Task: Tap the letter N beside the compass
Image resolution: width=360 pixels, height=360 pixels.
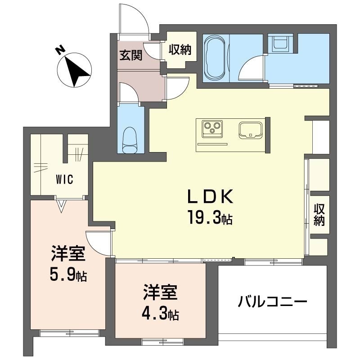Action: [60, 50]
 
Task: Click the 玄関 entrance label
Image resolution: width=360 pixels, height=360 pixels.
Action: [130, 55]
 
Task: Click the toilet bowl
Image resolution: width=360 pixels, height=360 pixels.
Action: [130, 140]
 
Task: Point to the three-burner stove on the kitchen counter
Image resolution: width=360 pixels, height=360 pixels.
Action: [212, 129]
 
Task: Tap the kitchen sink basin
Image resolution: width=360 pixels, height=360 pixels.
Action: [251, 130]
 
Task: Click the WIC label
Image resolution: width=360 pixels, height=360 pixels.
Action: [64, 179]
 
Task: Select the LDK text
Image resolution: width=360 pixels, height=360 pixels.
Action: [210, 197]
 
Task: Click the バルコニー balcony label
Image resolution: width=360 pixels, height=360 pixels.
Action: [272, 301]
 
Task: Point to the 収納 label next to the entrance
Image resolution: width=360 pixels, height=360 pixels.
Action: [180, 49]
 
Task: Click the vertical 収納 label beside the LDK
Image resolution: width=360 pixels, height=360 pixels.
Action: [319, 215]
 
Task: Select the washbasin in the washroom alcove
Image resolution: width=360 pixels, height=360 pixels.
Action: [280, 43]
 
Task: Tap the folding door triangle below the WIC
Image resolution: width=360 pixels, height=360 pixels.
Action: [61, 206]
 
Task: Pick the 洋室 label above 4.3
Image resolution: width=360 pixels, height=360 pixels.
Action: [160, 292]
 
